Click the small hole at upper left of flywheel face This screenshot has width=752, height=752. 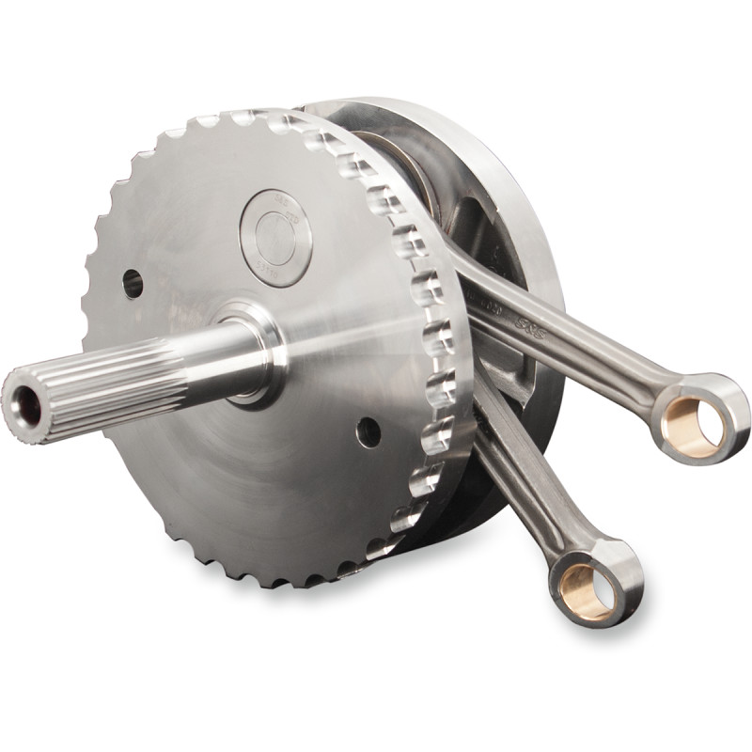(133, 282)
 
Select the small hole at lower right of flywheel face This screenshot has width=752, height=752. (368, 431)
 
